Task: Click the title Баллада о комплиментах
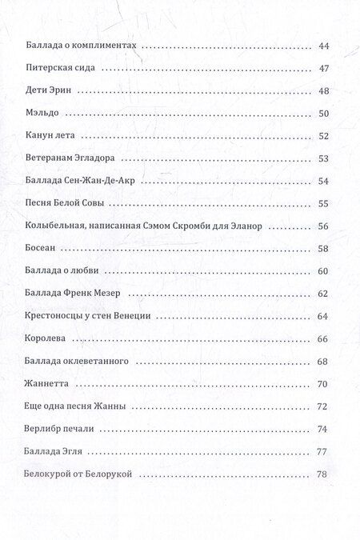[83, 46]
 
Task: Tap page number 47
[324, 69]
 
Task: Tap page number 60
[324, 272]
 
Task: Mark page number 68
[324, 362]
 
